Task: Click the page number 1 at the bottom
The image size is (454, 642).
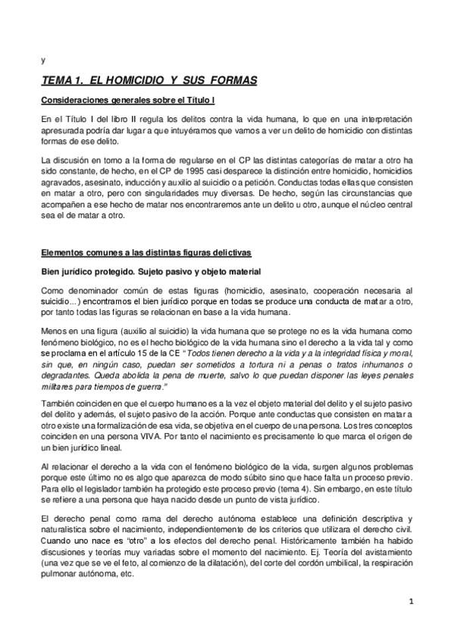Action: (x=410, y=602)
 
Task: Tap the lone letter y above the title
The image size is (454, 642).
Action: (x=42, y=61)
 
